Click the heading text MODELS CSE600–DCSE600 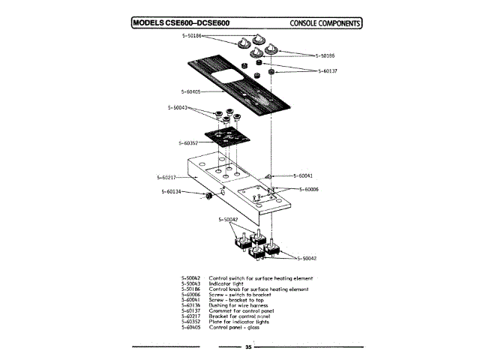(x=181, y=22)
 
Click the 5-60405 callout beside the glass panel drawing (x=190, y=91)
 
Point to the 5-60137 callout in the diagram (x=328, y=70)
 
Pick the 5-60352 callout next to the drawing (x=190, y=142)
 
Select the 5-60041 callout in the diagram (x=299, y=175)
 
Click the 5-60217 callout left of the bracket (x=167, y=178)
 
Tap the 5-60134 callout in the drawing (x=172, y=192)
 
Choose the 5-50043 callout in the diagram (x=178, y=107)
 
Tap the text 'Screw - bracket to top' (x=238, y=299)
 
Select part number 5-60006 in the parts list (x=191, y=294)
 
